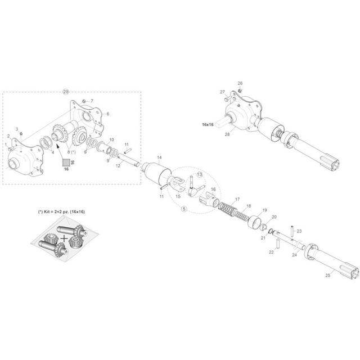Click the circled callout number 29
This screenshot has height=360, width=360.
point(66,92)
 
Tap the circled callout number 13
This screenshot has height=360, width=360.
point(199,174)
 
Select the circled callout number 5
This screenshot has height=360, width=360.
point(184,209)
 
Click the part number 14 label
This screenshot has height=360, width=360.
point(159,157)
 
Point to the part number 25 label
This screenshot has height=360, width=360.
point(328,275)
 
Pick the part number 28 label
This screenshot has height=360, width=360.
point(227,134)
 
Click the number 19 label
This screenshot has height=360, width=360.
point(264,210)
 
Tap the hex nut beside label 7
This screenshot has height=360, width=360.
point(84,101)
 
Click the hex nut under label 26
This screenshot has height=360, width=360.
point(240,90)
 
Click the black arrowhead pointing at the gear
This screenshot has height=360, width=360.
point(58,147)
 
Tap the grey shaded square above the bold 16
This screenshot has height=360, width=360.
point(66,163)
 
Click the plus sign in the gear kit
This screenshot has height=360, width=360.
point(65,238)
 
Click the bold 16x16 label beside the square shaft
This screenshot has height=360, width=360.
point(208,124)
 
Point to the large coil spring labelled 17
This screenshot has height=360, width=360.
point(227,208)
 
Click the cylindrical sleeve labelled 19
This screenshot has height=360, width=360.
point(254,221)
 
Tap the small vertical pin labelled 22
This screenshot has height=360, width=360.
point(277,244)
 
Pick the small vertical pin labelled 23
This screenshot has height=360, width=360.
point(292,232)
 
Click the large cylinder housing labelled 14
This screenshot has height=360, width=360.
point(156,173)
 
